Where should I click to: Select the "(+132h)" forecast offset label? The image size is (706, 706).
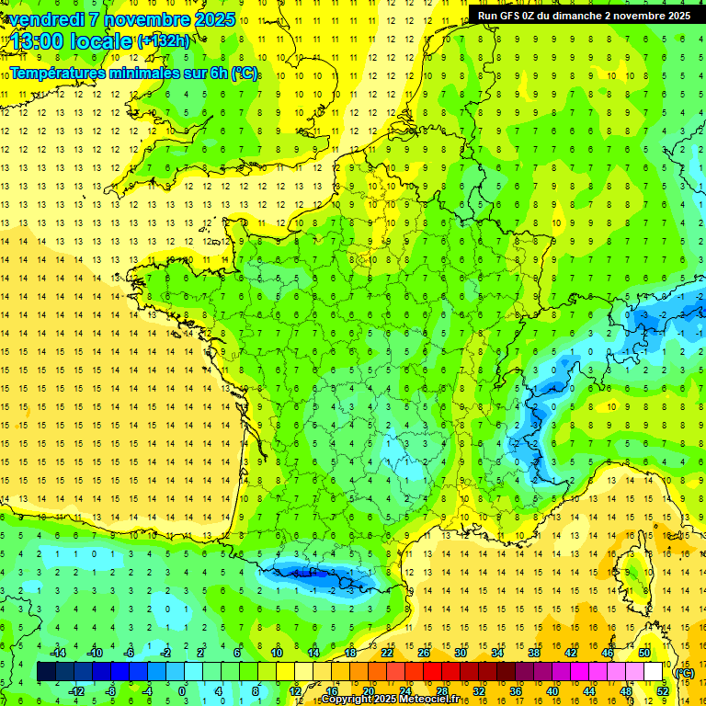[x=163, y=41]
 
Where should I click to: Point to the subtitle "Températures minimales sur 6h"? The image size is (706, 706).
[x=133, y=74]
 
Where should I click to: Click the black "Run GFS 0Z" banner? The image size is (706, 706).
[x=584, y=16]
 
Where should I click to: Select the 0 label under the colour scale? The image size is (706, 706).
[x=181, y=691]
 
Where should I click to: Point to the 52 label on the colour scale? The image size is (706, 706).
[x=662, y=691]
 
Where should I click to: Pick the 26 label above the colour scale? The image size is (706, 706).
[x=424, y=653]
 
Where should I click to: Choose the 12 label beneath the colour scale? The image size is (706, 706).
[x=294, y=691]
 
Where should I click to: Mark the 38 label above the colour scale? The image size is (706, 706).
[x=534, y=653]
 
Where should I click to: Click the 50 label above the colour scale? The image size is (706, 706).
[x=644, y=653]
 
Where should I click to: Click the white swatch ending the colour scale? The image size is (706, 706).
[x=654, y=672]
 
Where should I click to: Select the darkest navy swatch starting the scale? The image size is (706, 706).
[x=46, y=672]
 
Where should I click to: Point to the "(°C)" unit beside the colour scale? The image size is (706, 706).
[x=685, y=672]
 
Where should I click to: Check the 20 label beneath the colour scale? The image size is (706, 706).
[x=368, y=691]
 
